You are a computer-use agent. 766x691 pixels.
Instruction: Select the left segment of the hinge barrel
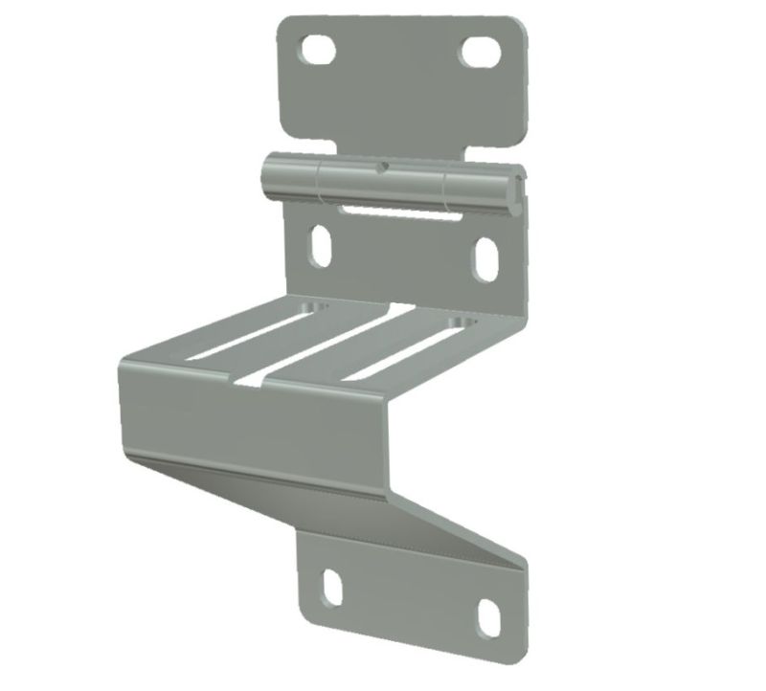(x=288, y=178)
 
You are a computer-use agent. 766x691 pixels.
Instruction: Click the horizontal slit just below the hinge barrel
(x=394, y=208)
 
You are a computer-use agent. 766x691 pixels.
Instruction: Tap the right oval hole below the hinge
(x=485, y=258)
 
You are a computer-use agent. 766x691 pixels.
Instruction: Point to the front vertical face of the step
(x=249, y=421)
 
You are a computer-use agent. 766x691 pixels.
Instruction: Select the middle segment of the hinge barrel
(x=383, y=182)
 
